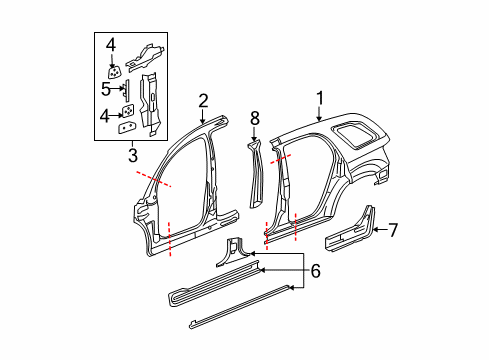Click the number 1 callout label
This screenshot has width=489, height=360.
(321, 100)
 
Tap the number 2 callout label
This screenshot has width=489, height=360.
(203, 100)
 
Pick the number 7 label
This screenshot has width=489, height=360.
(392, 230)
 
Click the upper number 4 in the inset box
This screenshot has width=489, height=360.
(111, 44)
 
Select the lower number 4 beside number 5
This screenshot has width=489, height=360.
(105, 114)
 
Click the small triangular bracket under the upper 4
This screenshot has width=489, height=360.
(114, 72)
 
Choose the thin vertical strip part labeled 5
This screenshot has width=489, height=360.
(126, 89)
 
